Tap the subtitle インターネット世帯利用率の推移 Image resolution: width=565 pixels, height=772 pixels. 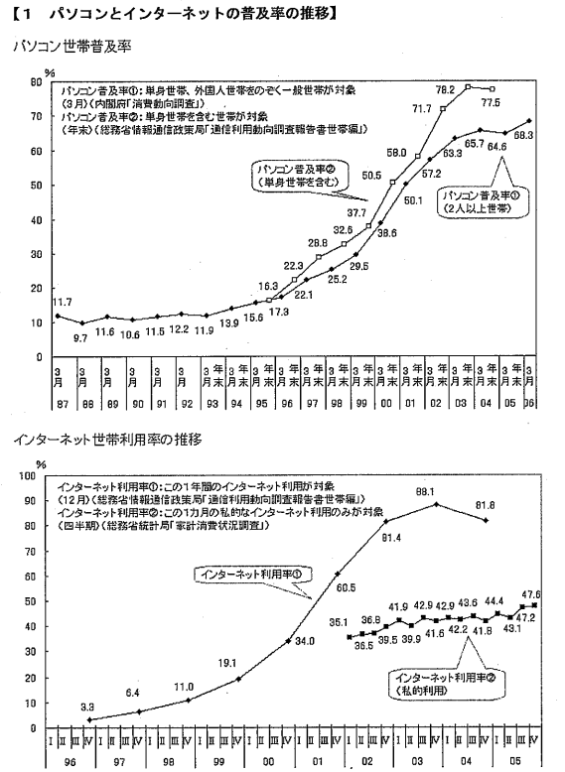click(110, 438)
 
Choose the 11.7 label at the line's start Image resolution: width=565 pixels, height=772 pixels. click(61, 302)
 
